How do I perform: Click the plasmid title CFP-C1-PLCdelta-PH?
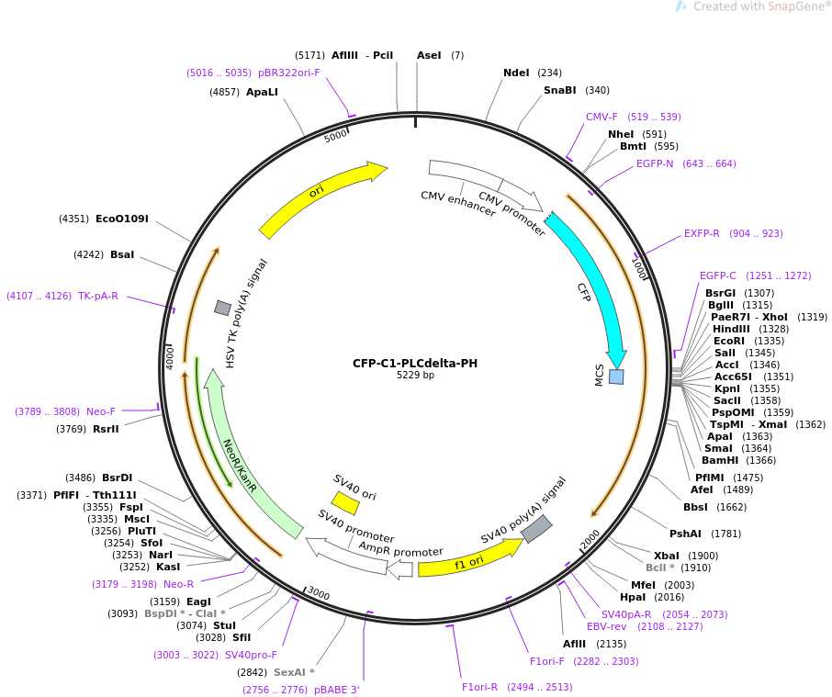coord(415,364)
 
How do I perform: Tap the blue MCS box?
coord(616,377)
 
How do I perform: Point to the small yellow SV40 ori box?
coord(345,503)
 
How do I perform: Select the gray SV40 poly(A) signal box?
coord(536,528)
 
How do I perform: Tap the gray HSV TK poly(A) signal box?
coord(223,308)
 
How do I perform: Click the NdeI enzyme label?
coord(516,73)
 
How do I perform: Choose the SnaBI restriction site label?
coord(560,90)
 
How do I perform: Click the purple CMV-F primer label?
coord(602,117)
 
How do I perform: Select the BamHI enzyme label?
coord(720,460)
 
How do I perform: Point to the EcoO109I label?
coord(122,219)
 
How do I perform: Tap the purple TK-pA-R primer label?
coord(98,296)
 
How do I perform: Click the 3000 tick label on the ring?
coord(319,593)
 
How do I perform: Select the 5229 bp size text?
coord(415,375)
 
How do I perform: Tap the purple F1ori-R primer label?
coord(479,688)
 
